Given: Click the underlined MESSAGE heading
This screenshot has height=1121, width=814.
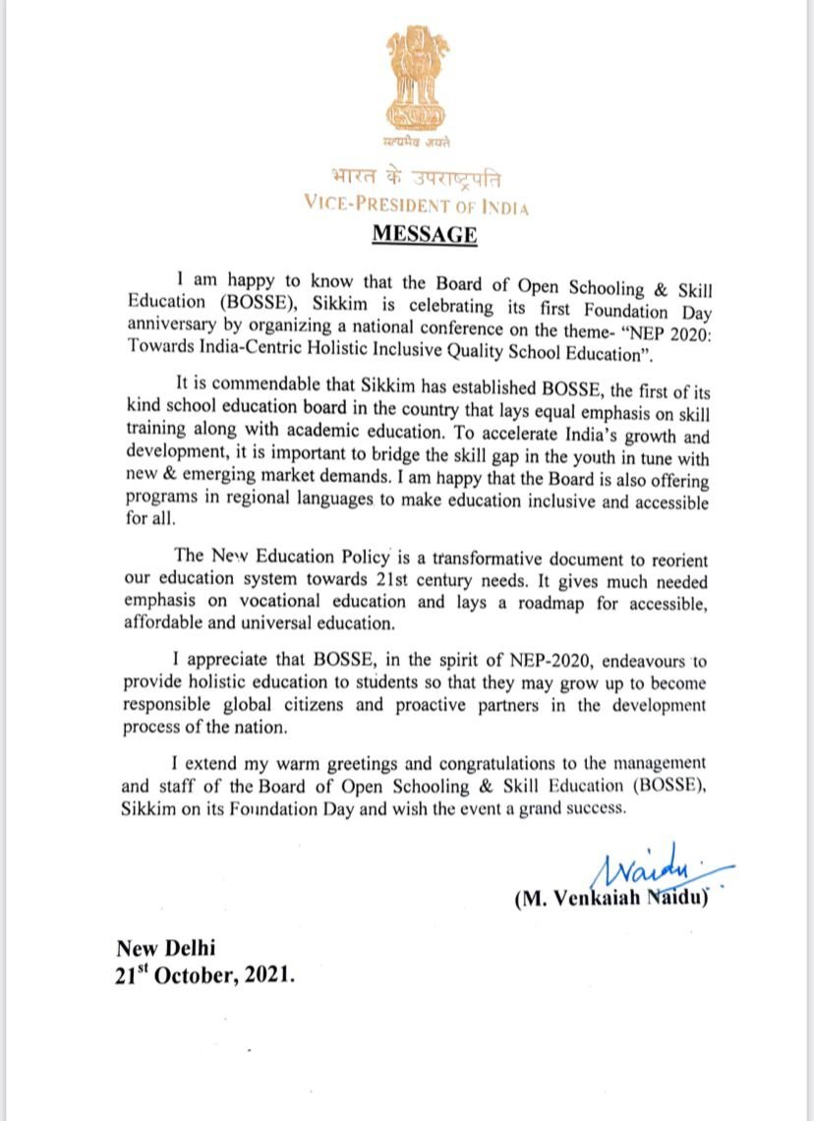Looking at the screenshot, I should [424, 235].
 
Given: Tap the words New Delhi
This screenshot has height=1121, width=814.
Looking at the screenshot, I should [165, 949].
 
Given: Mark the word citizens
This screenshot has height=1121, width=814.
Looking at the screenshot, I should [317, 705].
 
